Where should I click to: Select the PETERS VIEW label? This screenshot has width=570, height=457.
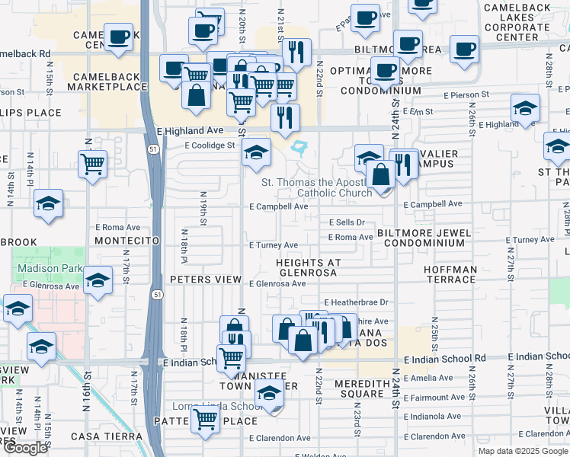pos(205,280)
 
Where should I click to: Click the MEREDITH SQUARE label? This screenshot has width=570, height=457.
pos(351,388)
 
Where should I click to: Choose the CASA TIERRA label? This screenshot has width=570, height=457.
pos(106,436)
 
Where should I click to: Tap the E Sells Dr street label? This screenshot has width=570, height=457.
pos(347,222)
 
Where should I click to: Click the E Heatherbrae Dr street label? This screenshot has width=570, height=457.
pos(356,302)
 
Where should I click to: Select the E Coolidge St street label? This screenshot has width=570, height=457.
pos(210,145)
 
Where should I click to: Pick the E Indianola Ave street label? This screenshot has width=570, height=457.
pos(434,417)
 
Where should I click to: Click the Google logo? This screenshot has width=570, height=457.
pos(26,448)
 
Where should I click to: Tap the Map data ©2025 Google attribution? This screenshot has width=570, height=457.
pos(522,451)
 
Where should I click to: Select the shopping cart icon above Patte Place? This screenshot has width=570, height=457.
pos(205,418)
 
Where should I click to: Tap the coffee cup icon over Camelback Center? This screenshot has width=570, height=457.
pos(119,37)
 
